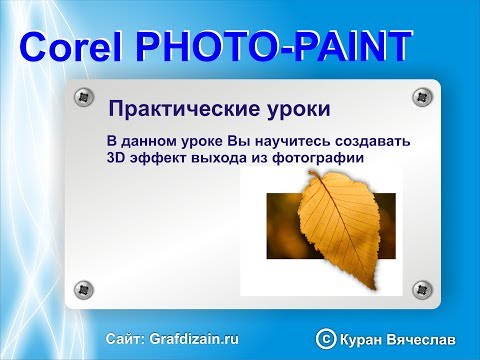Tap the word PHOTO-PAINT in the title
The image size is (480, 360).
tap(273, 46)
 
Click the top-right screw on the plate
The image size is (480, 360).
tap(420, 97)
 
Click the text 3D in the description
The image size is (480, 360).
tap(117, 157)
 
